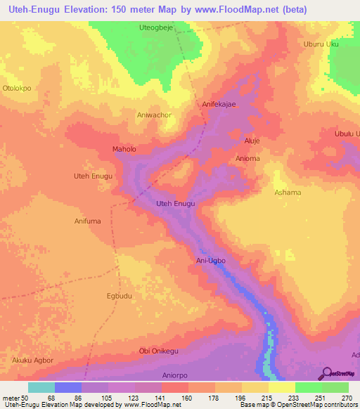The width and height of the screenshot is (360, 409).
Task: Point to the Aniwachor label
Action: (154, 115)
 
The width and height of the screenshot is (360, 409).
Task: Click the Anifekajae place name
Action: (219, 103)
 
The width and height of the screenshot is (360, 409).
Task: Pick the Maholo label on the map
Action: (124, 149)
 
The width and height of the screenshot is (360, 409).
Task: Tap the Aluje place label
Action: (252, 141)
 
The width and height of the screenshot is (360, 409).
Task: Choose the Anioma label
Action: (248, 158)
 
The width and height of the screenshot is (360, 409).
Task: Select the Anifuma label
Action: (89, 221)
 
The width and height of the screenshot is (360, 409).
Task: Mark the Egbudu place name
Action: (120, 296)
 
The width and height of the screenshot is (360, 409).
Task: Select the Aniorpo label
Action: (176, 375)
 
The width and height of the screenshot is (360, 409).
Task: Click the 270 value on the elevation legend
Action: (346, 398)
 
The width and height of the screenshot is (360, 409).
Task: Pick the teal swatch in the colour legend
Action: (41, 387)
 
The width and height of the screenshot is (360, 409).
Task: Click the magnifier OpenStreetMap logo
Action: (326, 373)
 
